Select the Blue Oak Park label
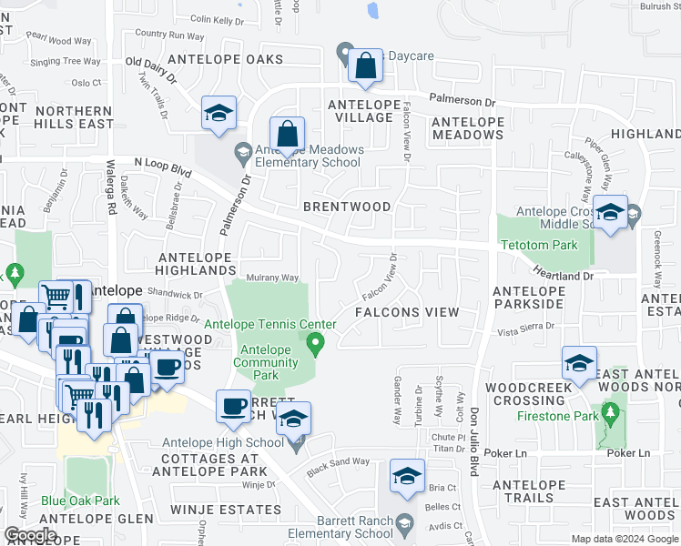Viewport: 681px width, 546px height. [x=80, y=500]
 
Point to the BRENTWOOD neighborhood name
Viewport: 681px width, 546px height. [x=347, y=207]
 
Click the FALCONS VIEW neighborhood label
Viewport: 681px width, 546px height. [x=406, y=312]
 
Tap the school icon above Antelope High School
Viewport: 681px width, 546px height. [x=293, y=418]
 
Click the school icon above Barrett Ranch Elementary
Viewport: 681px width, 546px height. [x=407, y=475]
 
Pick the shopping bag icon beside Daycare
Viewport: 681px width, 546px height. [x=365, y=65]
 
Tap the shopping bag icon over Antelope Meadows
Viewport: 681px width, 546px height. [x=287, y=134]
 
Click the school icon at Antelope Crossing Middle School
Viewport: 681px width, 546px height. [x=610, y=212]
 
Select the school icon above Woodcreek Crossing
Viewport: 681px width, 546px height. [x=579, y=362]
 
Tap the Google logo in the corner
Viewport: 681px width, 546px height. [x=30, y=536]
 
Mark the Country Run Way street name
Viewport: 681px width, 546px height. [x=169, y=35]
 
